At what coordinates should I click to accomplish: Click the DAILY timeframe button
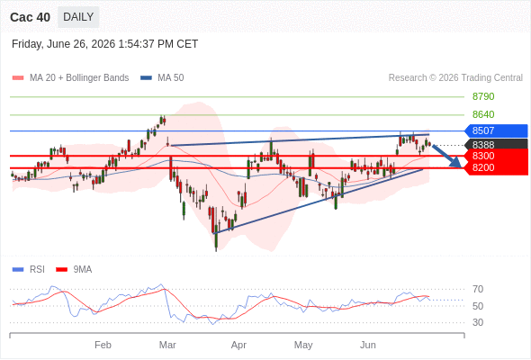point(78,17)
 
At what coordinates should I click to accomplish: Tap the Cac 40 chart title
point(30,17)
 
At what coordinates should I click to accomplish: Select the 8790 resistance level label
point(483,96)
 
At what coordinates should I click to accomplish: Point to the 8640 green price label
point(483,114)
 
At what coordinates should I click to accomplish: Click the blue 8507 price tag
point(496,130)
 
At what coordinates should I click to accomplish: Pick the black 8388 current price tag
point(496,145)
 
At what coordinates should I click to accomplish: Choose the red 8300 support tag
point(496,156)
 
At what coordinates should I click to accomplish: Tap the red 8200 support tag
point(496,167)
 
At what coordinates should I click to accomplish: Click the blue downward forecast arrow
point(446,156)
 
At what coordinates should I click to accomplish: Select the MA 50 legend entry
point(162,78)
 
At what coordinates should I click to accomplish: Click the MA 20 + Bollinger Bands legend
point(70,78)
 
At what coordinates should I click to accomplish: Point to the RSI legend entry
point(29,270)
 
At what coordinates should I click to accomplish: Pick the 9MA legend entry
point(74,270)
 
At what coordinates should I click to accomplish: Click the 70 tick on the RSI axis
point(478,289)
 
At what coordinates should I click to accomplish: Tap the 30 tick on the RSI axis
point(478,322)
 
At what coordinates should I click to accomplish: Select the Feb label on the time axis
point(103,345)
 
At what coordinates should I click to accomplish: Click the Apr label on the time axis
point(238,345)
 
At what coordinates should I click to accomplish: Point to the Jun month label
point(368,345)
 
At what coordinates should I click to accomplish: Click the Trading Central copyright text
point(455,78)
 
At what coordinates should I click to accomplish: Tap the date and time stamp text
point(104,44)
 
